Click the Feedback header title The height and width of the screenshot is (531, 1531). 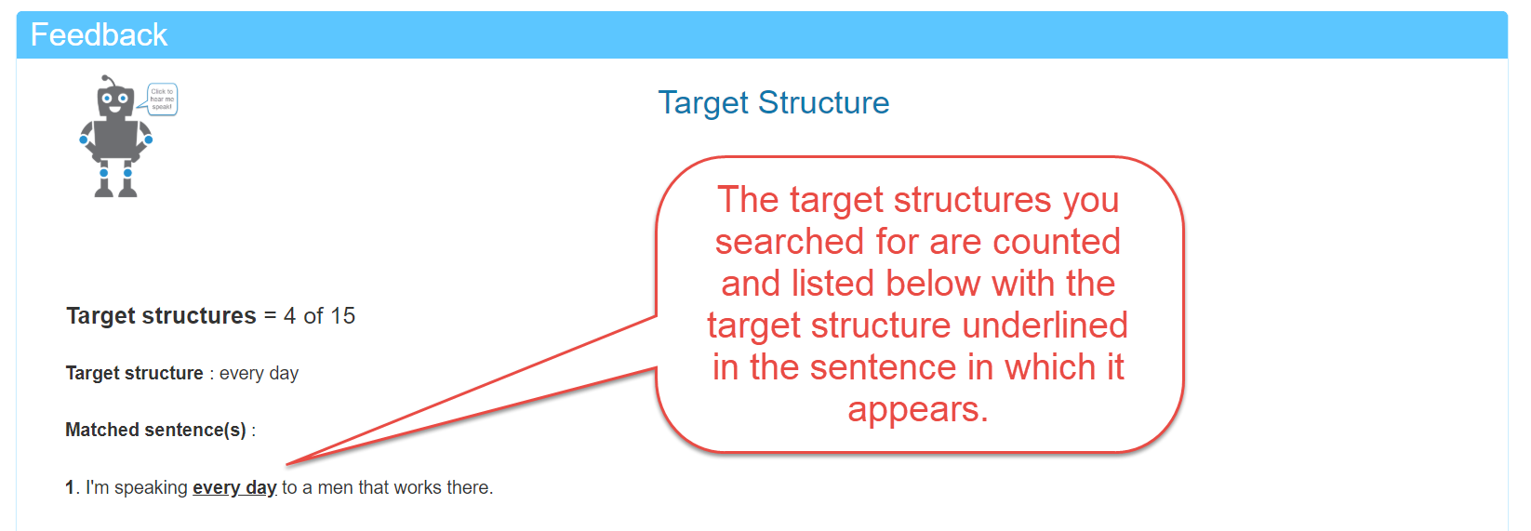[x=99, y=35]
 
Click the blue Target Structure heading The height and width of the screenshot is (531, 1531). [x=773, y=102]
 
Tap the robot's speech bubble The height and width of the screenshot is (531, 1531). [x=162, y=99]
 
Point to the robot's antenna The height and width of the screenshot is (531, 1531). [x=107, y=80]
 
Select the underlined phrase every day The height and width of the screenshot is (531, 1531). [x=234, y=487]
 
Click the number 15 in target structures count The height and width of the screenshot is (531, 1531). [x=342, y=316]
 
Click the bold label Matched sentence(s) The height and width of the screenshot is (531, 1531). [x=155, y=430]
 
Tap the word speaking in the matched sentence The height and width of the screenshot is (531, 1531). [x=151, y=487]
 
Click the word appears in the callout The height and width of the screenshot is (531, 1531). [x=917, y=409]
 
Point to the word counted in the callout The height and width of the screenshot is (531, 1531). [x=1056, y=242]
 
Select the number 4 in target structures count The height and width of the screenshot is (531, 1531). [x=289, y=316]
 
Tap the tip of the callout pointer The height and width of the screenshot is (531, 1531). [x=287, y=464]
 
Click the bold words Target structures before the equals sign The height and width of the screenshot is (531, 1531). [x=161, y=316]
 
